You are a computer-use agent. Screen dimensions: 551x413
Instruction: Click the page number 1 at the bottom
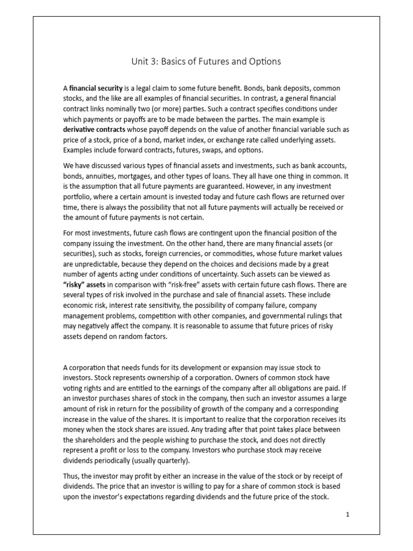tap(348, 514)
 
